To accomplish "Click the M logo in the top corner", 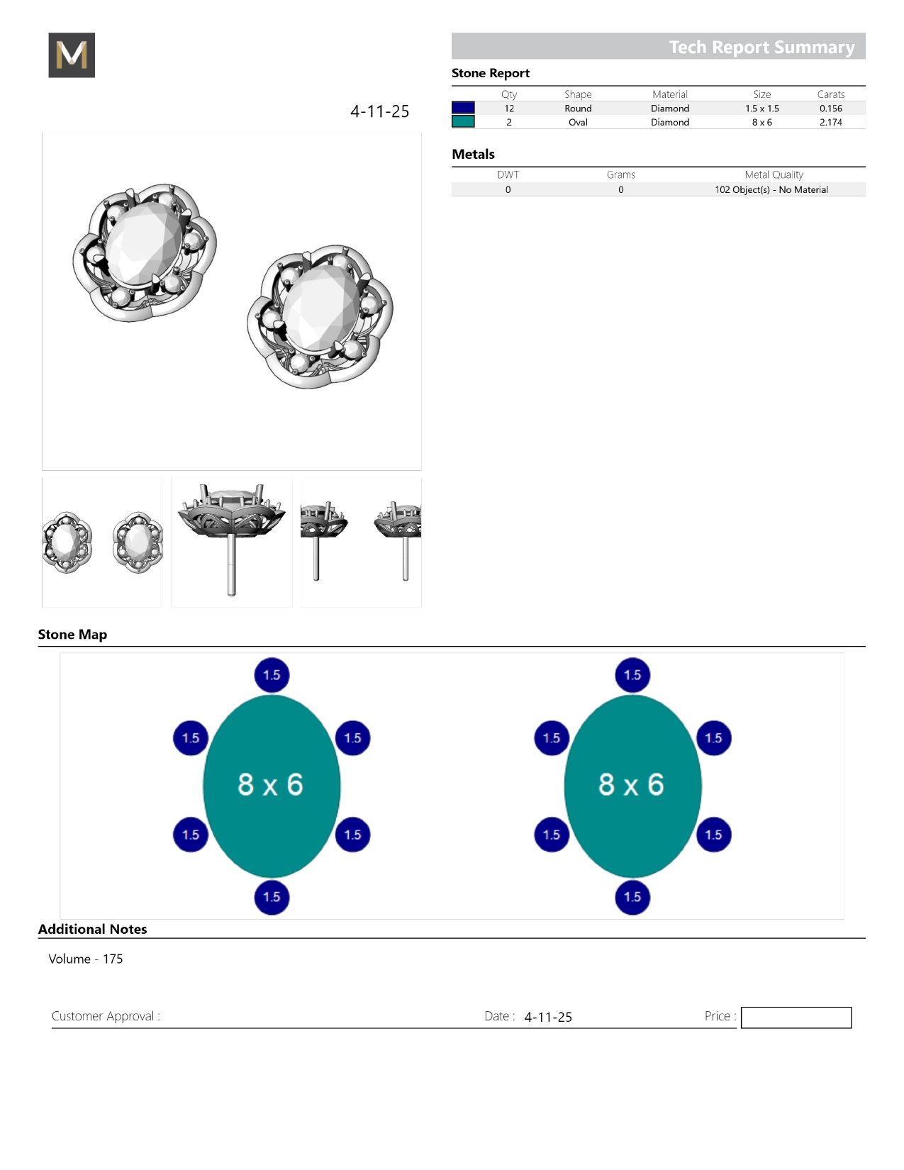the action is (72, 55).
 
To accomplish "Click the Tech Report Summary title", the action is (761, 47).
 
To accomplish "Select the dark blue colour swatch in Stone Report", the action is (463, 108).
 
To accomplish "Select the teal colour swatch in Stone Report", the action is (463, 121).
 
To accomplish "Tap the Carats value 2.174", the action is (830, 122).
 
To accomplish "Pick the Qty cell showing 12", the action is (509, 108).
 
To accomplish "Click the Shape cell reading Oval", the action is (578, 122).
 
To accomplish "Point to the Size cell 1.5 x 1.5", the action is (761, 108).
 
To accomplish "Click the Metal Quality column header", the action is (774, 174).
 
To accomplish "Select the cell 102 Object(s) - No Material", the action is (771, 189).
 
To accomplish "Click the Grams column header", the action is (620, 174).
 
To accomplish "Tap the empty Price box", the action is (796, 1018).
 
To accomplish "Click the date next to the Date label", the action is (548, 1017).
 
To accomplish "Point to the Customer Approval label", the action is (106, 1016).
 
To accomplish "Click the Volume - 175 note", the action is (86, 959).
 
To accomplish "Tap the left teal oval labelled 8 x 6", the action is (272, 786).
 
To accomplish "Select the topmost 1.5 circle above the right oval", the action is (632, 675).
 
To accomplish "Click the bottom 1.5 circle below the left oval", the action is (272, 897).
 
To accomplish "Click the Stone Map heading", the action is (72, 635).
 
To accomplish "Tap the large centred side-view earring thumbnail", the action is (232, 542).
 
